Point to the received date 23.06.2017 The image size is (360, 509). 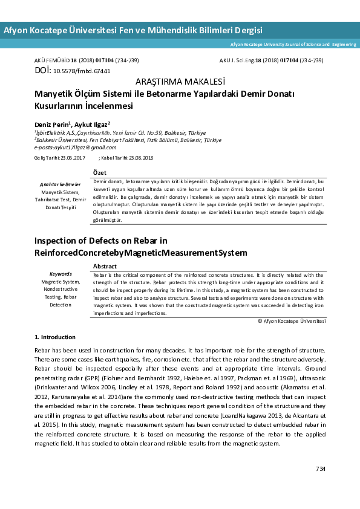[73, 158]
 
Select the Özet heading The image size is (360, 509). [100, 173]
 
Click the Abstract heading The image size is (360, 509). [105, 266]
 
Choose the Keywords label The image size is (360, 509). [61, 274]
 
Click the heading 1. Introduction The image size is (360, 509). [55, 337]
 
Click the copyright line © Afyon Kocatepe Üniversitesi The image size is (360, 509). [292, 322]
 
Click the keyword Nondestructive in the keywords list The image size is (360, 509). [61, 289]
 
